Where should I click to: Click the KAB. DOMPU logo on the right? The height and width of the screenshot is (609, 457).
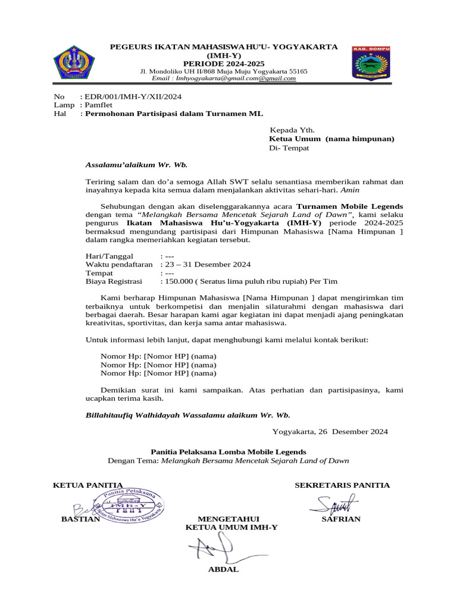pos(372,62)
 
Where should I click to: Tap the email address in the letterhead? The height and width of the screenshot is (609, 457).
pos(224,78)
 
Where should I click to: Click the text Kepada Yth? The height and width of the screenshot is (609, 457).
pos(292,130)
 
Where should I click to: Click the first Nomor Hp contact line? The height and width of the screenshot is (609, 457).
pos(158,356)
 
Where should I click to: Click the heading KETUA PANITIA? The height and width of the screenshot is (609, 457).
pos(88,485)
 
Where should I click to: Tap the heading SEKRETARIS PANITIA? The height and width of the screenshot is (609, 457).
pos(342,485)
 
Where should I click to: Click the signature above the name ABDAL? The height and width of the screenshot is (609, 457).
pos(217,547)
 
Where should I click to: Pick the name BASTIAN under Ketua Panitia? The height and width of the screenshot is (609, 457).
pos(80,519)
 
